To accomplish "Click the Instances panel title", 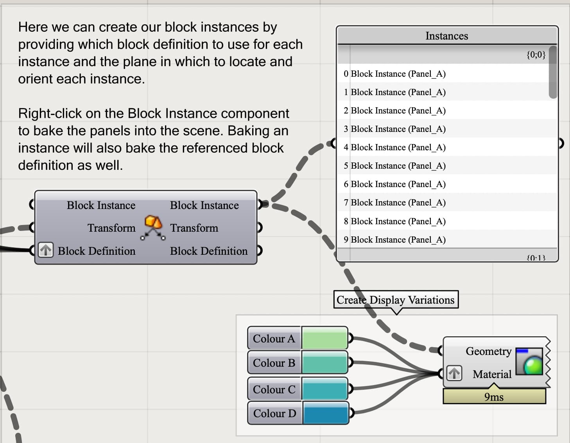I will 446,36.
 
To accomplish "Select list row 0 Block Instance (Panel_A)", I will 394,74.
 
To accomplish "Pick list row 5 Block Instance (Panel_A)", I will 394,166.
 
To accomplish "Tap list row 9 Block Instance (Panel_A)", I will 394,240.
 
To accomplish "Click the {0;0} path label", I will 536,54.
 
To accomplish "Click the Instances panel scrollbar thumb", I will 552,72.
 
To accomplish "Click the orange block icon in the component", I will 153,223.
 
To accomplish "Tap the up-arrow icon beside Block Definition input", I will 46,250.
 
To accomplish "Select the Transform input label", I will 111,228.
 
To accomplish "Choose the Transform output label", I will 194,228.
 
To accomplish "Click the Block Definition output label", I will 209,251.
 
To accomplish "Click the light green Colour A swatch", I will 324,339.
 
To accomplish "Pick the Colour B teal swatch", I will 324,363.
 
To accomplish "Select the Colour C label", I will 274,389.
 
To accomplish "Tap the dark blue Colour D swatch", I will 325,413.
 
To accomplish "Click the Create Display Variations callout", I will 396,300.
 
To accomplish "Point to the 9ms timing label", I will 494,397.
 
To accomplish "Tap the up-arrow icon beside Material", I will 454,373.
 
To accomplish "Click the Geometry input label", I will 488,351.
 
